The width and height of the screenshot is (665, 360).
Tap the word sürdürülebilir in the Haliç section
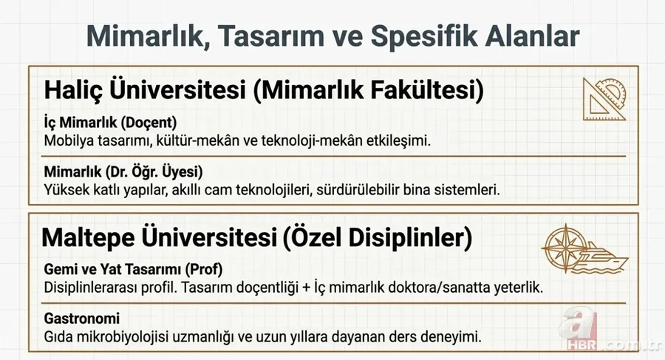click(x=347, y=189)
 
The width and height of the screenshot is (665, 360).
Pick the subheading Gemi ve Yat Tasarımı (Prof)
click(x=134, y=268)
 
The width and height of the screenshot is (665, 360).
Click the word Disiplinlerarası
click(x=92, y=286)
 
